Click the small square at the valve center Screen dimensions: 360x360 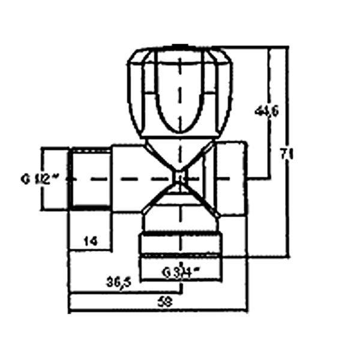click(179, 177)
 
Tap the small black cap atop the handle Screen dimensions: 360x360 click(179, 45)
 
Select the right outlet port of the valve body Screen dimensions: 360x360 click(233, 178)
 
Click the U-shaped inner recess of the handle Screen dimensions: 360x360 click(179, 96)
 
